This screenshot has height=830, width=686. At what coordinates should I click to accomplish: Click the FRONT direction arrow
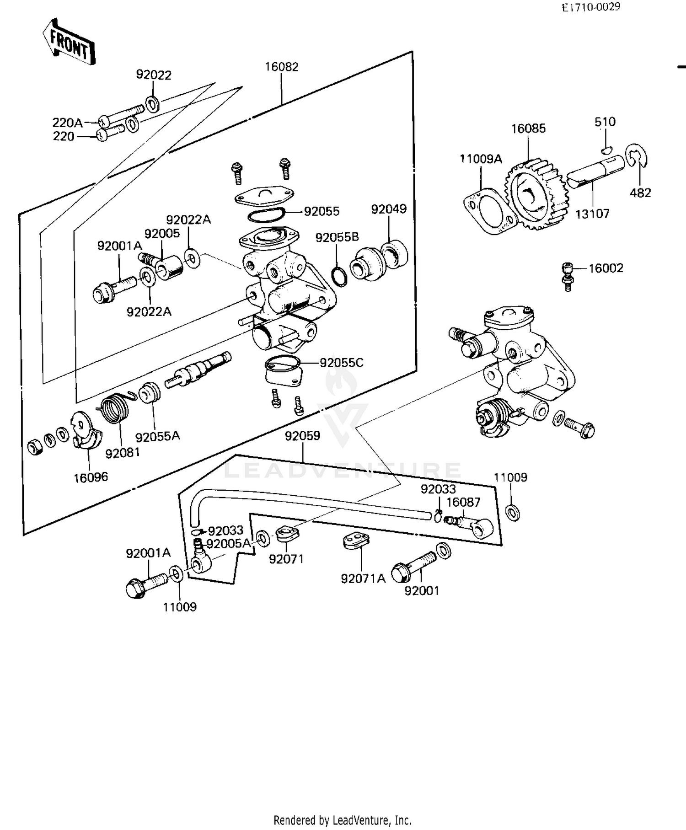point(69,43)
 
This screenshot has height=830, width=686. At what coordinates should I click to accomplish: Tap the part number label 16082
point(281,67)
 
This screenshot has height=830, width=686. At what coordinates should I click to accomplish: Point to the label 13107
point(592,214)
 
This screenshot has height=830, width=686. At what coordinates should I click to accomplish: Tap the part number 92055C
point(341,363)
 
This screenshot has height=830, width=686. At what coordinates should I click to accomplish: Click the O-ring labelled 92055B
point(338,277)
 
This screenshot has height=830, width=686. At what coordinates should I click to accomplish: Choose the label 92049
point(388,209)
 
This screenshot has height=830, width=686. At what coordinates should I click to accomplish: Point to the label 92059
point(302,436)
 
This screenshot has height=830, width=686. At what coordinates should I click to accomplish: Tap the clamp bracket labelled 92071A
point(356,541)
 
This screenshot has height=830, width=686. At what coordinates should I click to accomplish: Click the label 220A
point(67,123)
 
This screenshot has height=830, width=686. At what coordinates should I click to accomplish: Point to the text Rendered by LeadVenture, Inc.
point(342,820)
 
